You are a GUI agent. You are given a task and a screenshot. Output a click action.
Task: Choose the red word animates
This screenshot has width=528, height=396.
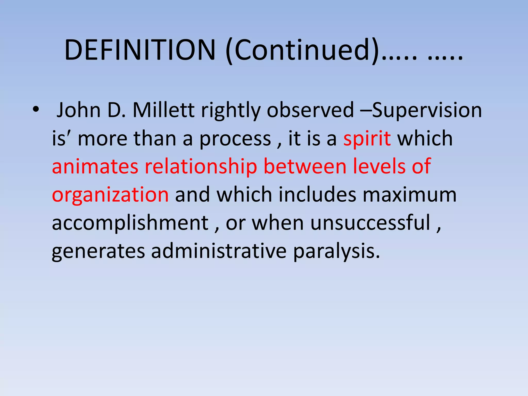point(95,166)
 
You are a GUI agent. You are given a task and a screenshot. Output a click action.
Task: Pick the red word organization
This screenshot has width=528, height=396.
point(110,195)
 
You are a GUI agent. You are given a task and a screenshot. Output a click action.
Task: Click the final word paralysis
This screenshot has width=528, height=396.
point(336,251)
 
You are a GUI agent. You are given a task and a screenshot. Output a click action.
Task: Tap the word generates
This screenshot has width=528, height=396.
point(98,251)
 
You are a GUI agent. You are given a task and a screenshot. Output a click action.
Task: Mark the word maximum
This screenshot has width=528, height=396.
point(410,195)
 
